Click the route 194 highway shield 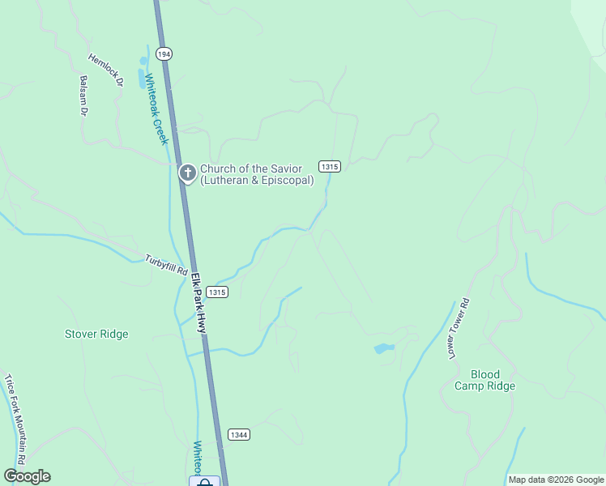tap(164, 53)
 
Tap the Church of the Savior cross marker tap(187, 173)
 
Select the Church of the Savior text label tap(257, 174)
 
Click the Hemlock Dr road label tap(105, 70)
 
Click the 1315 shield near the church tap(329, 166)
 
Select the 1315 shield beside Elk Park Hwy tap(217, 292)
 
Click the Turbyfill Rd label tap(166, 264)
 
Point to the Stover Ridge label tap(96, 334)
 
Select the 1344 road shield tap(238, 434)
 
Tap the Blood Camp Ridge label tap(484, 380)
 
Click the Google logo tap(27, 476)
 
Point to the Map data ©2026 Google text tap(555, 480)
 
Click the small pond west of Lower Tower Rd tap(383, 349)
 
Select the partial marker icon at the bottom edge tap(204, 481)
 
